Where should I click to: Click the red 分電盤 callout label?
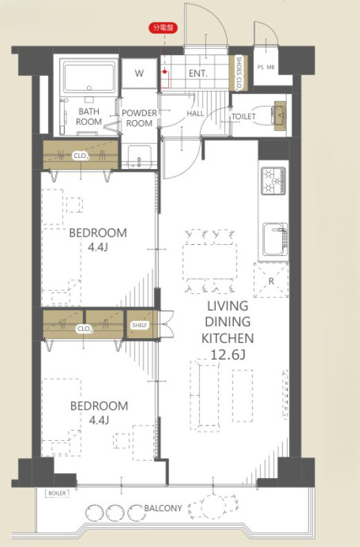coord(163,28)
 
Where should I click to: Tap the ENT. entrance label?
coord(198,73)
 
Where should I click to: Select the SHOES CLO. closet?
coord(239,73)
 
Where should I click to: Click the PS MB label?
coord(266,67)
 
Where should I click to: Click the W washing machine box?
coord(139,73)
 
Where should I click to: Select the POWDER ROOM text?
coord(139,118)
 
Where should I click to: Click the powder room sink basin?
coord(139,157)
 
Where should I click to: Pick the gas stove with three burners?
coord(274,181)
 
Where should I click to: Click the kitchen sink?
coord(275,239)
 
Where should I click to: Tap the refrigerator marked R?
coord(271,280)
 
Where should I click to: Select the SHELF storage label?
coord(140,325)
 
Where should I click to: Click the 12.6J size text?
coord(228,355)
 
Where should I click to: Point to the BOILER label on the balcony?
coord(57,493)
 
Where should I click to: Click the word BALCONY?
coord(163,508)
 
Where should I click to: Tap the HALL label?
coord(195,113)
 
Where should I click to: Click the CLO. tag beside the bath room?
coord(81,156)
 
